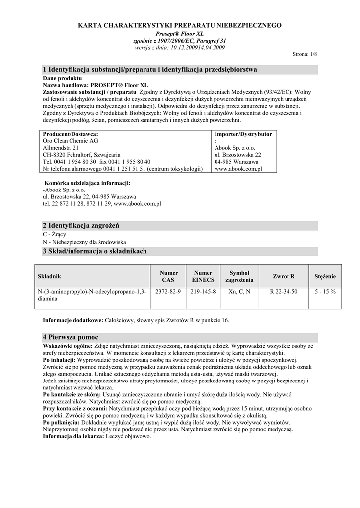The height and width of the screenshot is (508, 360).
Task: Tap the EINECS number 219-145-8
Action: tap(203, 292)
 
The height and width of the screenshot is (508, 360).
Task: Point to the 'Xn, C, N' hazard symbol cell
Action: tap(239, 292)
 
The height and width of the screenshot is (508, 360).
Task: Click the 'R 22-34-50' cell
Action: tap(284, 292)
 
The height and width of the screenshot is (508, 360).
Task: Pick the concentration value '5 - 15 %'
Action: tap(325, 292)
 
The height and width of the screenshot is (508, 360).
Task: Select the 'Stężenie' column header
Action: tap(325, 276)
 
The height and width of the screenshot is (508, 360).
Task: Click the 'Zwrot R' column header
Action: tap(284, 276)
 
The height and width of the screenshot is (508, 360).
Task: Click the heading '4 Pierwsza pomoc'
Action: tap(71, 337)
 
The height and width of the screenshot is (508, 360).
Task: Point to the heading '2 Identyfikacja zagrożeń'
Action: tap(82, 226)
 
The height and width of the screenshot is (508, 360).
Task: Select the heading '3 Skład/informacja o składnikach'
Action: tap(95, 251)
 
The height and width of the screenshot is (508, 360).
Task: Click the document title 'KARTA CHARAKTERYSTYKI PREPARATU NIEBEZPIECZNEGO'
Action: tap(180, 25)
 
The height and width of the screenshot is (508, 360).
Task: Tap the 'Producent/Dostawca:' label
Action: tap(71, 134)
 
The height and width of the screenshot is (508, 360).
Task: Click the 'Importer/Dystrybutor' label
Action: tap(243, 134)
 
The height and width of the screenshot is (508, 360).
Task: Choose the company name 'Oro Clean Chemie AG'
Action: tap(71, 141)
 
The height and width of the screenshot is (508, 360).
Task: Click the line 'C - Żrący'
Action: tap(55, 234)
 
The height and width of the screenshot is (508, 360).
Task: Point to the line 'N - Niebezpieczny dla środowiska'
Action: tap(84, 242)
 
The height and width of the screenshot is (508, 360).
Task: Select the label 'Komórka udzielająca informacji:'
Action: tap(87, 183)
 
